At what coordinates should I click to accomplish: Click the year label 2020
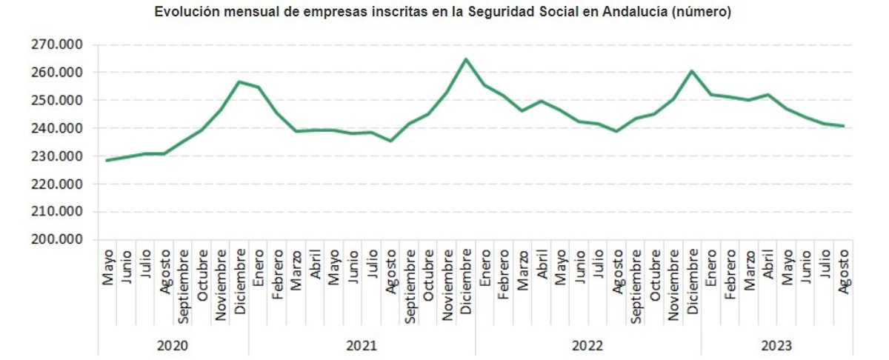point(173,345)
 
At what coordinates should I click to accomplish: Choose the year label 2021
point(361,345)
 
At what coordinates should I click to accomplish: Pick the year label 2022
point(587,345)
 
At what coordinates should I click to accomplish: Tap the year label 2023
point(776,345)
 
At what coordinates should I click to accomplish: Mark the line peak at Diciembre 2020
point(239,81)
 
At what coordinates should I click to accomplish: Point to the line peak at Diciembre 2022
point(692,71)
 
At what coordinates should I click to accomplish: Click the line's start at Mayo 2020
point(107,160)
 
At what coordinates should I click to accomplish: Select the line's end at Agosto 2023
point(843,126)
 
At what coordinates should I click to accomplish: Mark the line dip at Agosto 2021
point(390,141)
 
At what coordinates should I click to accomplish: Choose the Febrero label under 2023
point(730,275)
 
